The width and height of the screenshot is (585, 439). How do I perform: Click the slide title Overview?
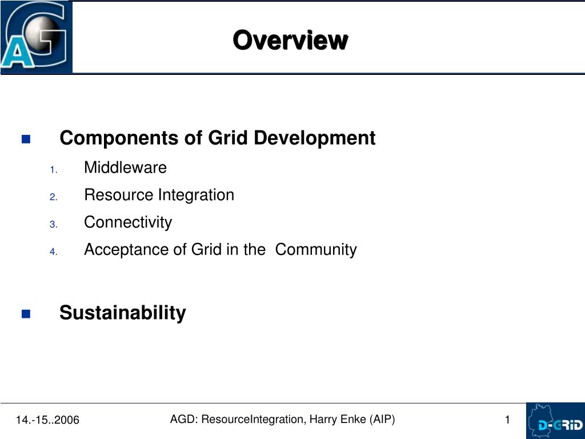coord(290,40)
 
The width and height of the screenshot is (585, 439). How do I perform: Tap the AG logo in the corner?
coord(36,37)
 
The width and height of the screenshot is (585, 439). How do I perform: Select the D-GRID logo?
coord(555,421)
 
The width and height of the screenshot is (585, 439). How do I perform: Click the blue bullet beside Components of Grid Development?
coord(26,139)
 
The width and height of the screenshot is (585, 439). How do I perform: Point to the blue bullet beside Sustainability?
coord(26,314)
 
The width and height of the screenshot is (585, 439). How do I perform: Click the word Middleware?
coord(125,167)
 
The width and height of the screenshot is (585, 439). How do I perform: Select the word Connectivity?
coord(128,222)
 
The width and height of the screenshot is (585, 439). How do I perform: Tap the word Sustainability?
coord(123,313)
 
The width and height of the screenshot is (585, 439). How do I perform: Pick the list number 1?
coord(54,170)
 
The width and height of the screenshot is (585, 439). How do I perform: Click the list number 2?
coord(54,197)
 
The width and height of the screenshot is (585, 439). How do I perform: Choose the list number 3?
coord(54,224)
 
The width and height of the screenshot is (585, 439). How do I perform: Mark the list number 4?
coord(54,252)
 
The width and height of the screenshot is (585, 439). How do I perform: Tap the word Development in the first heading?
coord(315,138)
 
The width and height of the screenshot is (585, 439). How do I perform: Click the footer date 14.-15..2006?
coord(48,420)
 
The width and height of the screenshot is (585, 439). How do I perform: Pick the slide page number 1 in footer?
coord(507,420)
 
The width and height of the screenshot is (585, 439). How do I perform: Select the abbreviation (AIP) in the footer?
coord(382,420)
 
